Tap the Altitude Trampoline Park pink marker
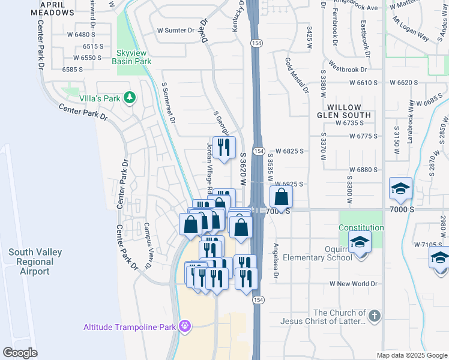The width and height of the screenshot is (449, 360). click(184, 326)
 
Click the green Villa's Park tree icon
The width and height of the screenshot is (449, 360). click(128, 97)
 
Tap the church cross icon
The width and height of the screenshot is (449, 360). click(374, 316)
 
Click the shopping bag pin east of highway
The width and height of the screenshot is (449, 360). click(280, 197)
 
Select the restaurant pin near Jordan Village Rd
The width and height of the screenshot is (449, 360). click(224, 147)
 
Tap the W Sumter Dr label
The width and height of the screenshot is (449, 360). click(176, 30)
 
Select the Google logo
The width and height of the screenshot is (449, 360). click(19, 353)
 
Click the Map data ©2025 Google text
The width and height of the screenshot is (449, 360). click(411, 355)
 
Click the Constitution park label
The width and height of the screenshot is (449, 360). click(361, 228)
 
